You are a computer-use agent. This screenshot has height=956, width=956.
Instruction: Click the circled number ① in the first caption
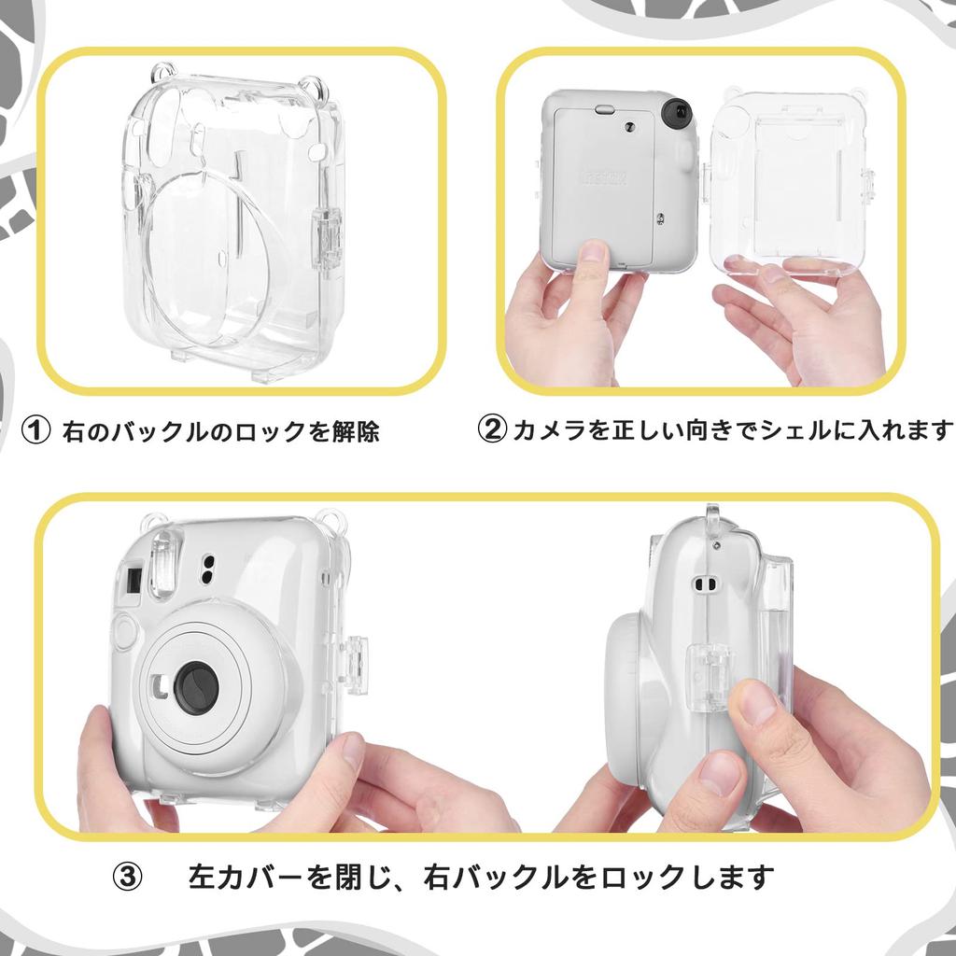click(35, 431)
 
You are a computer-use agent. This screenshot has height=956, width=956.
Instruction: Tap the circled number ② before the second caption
click(492, 430)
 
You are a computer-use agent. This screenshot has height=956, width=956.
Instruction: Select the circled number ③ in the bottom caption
click(128, 878)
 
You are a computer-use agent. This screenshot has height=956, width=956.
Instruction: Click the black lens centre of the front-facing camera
click(197, 688)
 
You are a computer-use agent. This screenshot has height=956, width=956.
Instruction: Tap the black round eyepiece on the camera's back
click(676, 113)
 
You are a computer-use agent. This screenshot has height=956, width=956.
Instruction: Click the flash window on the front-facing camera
click(162, 562)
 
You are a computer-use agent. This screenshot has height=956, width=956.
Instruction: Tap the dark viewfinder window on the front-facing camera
click(131, 581)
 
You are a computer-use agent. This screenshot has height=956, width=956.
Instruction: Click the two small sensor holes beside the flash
click(207, 569)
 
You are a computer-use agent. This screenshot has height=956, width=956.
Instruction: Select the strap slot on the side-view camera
click(705, 584)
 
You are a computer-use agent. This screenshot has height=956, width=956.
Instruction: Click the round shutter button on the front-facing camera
click(125, 632)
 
